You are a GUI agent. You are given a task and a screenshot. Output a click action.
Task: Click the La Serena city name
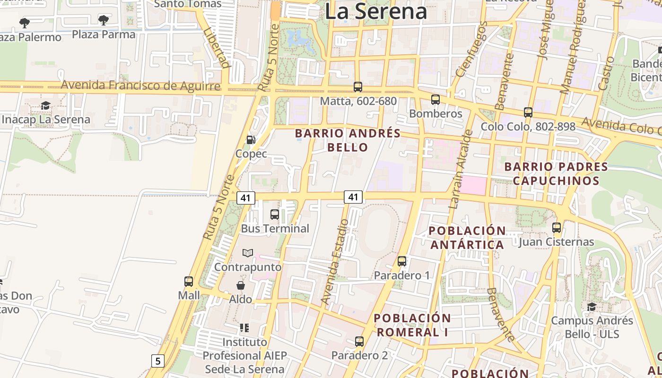tap(376, 11)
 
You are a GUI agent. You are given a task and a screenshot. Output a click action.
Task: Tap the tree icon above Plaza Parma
tap(104, 20)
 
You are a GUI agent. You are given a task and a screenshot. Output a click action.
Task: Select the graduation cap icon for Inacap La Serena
tap(45, 105)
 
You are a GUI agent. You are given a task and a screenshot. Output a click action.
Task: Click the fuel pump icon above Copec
tap(251, 139)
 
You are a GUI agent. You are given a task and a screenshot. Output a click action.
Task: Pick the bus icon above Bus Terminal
tap(275, 215)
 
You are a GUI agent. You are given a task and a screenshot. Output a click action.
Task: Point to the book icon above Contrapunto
tap(248, 253)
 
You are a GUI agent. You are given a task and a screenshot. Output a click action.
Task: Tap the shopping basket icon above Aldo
tap(241, 285)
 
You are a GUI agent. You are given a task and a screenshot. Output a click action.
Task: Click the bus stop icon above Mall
tap(189, 282)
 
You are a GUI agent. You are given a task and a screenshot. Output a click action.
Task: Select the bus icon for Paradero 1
tap(402, 261)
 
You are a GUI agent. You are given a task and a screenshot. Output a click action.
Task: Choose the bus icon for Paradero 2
tap(359, 341)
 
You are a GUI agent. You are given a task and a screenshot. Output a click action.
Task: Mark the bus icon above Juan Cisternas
tap(557, 228)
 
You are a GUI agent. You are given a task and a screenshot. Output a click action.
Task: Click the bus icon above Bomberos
tap(436, 100)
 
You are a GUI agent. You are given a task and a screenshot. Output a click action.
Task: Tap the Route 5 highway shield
tap(157, 361)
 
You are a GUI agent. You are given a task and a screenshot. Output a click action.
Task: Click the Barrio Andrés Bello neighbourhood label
tap(348, 140)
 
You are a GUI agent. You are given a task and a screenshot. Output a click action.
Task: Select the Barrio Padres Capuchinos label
tap(556, 173)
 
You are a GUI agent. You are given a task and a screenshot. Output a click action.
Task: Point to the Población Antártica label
tap(467, 238)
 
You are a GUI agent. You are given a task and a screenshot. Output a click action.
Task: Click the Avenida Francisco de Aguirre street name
tap(140, 86)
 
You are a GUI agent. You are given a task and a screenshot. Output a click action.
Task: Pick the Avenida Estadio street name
tap(335, 261)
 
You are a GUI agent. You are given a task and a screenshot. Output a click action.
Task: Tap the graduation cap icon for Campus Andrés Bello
tap(592, 307)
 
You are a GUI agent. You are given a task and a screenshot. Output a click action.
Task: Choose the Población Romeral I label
tap(412, 325)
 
